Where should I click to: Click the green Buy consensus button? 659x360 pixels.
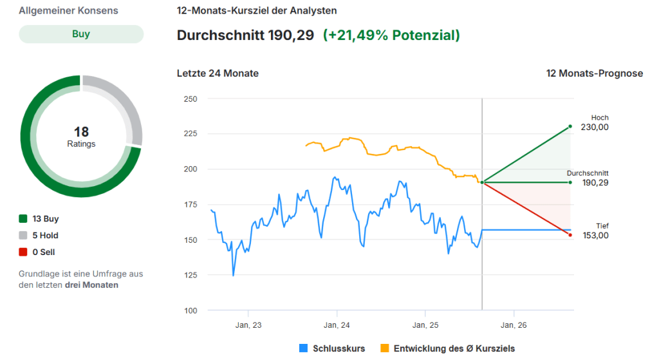tap(81, 34)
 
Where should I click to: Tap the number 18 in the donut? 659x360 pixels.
tap(81, 132)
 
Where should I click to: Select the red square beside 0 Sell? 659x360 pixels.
tap(24, 252)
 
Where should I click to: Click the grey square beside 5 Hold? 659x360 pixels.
tap(24, 236)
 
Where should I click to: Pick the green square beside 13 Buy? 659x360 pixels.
tap(24, 219)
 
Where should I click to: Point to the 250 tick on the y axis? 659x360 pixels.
tap(190, 99)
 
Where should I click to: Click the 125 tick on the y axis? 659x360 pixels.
tap(190, 275)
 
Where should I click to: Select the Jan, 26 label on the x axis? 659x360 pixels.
tap(513, 325)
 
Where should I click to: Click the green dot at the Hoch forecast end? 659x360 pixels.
tap(570, 127)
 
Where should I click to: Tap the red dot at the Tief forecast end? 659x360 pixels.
tap(570, 234)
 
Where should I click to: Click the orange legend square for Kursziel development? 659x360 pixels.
tap(385, 348)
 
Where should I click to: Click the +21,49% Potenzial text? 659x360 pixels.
tap(391, 35)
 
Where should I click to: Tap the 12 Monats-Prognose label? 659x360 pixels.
tap(594, 73)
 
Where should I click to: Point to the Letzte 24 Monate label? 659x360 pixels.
tap(218, 73)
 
